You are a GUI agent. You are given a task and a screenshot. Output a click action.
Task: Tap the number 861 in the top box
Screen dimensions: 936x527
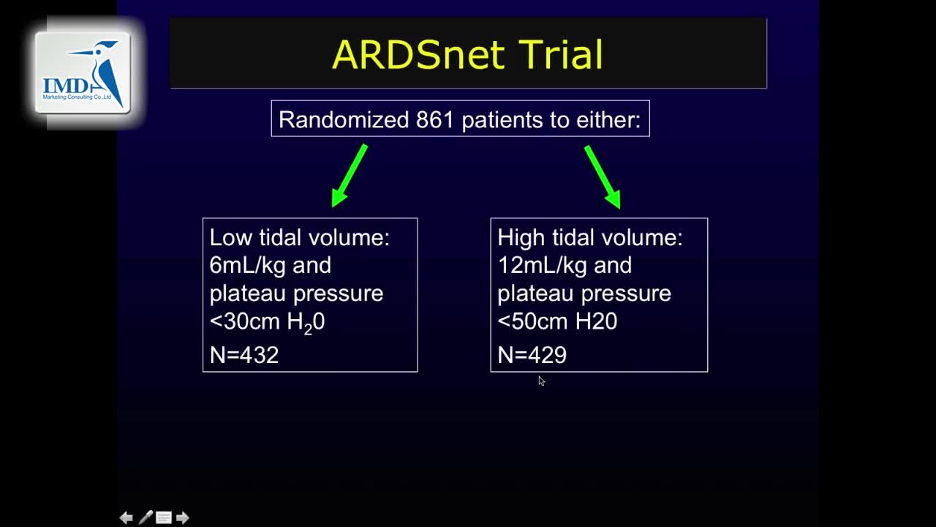(434, 119)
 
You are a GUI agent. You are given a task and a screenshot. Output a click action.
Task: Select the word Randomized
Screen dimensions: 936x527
(344, 119)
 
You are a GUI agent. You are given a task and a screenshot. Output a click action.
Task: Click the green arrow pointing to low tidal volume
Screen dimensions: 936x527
(350, 176)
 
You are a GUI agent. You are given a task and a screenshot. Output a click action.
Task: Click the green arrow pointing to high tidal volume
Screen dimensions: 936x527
(602, 177)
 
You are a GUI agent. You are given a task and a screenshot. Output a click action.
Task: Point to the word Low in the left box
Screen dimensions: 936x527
(230, 238)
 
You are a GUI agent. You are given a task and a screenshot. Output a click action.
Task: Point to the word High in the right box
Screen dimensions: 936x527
(521, 239)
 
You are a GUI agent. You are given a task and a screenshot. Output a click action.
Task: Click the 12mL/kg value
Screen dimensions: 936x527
(543, 266)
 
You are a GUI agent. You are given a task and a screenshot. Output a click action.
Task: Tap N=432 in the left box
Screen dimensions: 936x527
(244, 355)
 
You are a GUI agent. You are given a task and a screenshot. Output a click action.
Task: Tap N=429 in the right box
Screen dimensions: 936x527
(532, 355)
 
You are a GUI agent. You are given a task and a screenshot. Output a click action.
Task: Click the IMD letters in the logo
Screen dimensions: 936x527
(66, 86)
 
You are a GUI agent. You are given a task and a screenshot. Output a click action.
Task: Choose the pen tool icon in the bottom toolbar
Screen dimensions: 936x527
(146, 517)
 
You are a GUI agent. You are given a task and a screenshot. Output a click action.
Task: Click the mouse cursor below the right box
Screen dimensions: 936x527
(542, 381)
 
